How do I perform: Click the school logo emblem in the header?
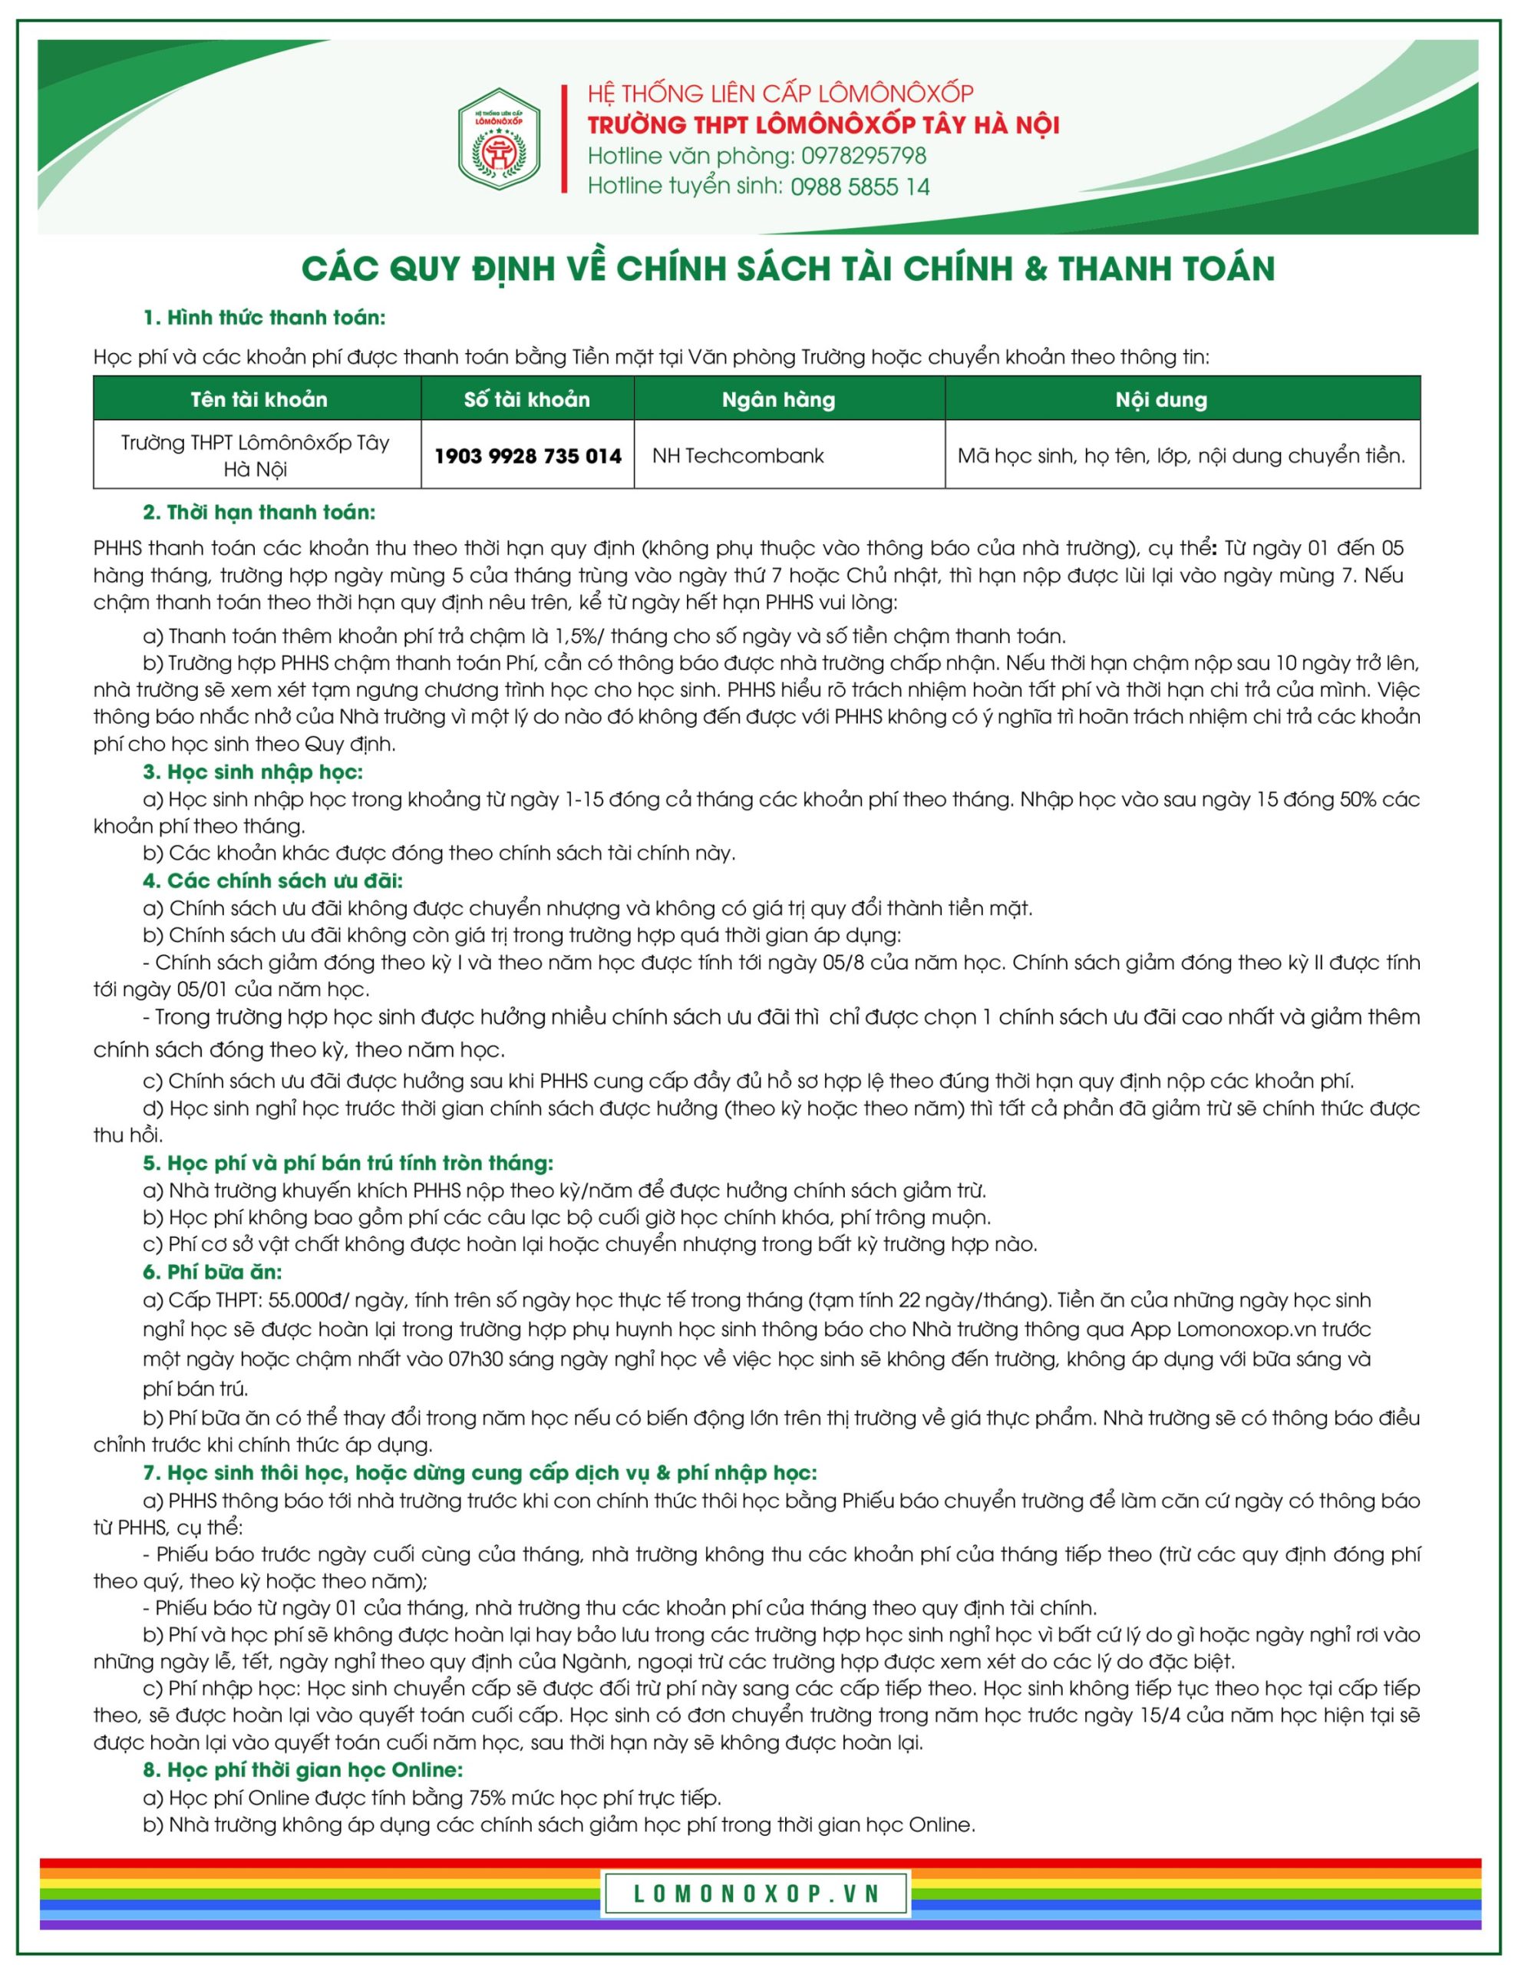(x=500, y=140)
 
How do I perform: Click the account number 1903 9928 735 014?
(x=527, y=455)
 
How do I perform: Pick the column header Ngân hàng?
(x=778, y=399)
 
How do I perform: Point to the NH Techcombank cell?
(x=738, y=455)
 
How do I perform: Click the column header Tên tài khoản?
(x=259, y=399)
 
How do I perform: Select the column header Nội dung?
(x=1161, y=399)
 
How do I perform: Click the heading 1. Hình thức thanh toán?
(x=264, y=318)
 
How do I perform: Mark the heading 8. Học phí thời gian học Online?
(x=302, y=1770)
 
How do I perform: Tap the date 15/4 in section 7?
(x=1158, y=1715)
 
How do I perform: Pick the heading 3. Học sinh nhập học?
(x=252, y=772)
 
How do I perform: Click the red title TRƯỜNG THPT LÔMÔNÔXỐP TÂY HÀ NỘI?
(x=823, y=124)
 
